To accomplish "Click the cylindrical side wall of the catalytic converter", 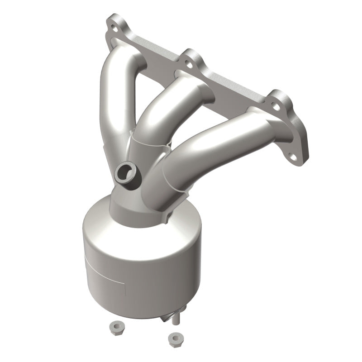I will click(x=136, y=271).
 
